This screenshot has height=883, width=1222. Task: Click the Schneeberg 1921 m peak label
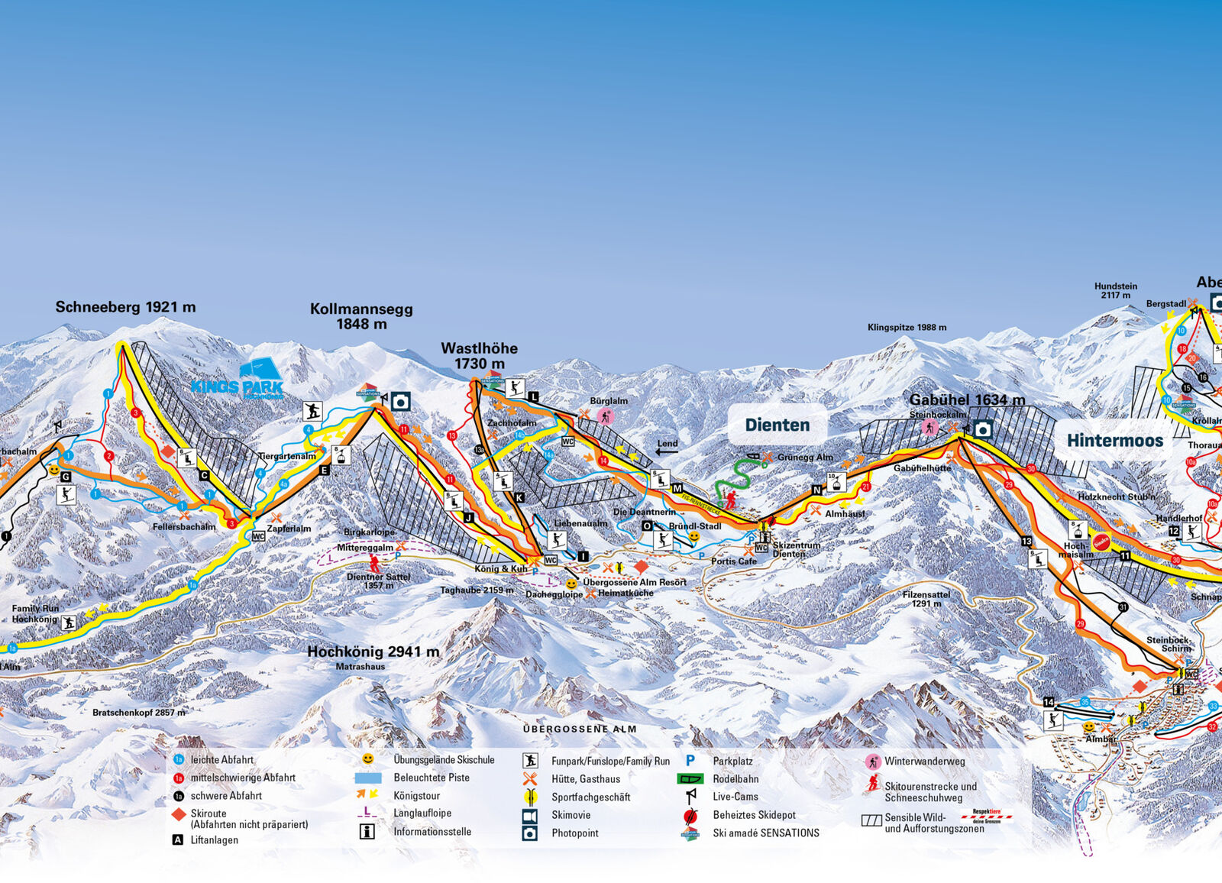pyautogui.click(x=125, y=307)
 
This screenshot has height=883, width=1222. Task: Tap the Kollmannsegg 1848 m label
pyautogui.click(x=361, y=316)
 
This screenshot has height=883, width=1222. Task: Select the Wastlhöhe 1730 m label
pyautogui.click(x=479, y=356)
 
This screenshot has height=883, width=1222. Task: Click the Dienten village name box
pyautogui.click(x=777, y=425)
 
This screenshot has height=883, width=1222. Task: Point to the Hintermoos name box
pyautogui.click(x=1114, y=441)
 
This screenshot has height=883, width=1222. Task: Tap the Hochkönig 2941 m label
pyautogui.click(x=373, y=652)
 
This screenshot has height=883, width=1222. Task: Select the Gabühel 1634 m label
pyautogui.click(x=967, y=399)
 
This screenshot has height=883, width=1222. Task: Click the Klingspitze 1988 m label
pyautogui.click(x=907, y=328)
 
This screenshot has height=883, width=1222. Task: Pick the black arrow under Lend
pyautogui.click(x=666, y=451)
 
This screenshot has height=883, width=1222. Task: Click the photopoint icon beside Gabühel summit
pyautogui.click(x=983, y=430)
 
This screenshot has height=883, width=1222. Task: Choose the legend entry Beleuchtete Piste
pyautogui.click(x=432, y=778)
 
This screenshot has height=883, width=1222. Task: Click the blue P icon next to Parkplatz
pyautogui.click(x=690, y=761)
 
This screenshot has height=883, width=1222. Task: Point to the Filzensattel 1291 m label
pyautogui.click(x=926, y=598)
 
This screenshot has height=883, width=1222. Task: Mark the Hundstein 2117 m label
pyautogui.click(x=1115, y=290)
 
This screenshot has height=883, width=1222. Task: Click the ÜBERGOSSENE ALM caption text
pyautogui.click(x=580, y=729)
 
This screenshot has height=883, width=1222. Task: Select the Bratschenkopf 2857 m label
pyautogui.click(x=138, y=713)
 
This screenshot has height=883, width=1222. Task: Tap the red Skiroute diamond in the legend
pyautogui.click(x=178, y=814)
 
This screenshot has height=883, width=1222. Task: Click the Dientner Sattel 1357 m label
pyautogui.click(x=378, y=581)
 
